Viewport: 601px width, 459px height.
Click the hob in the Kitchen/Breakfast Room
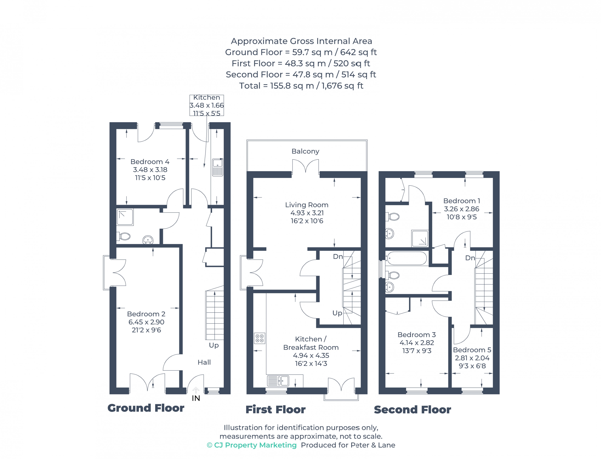click(259, 338)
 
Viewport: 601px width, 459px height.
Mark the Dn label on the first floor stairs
click(338, 256)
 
